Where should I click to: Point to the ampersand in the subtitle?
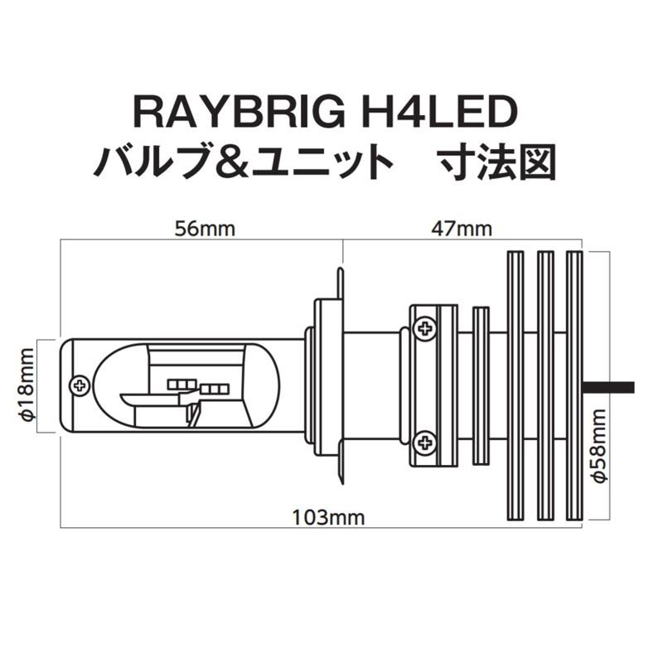237,160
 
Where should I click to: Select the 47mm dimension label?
461,230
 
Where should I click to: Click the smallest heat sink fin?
481,385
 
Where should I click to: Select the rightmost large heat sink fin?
574,385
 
